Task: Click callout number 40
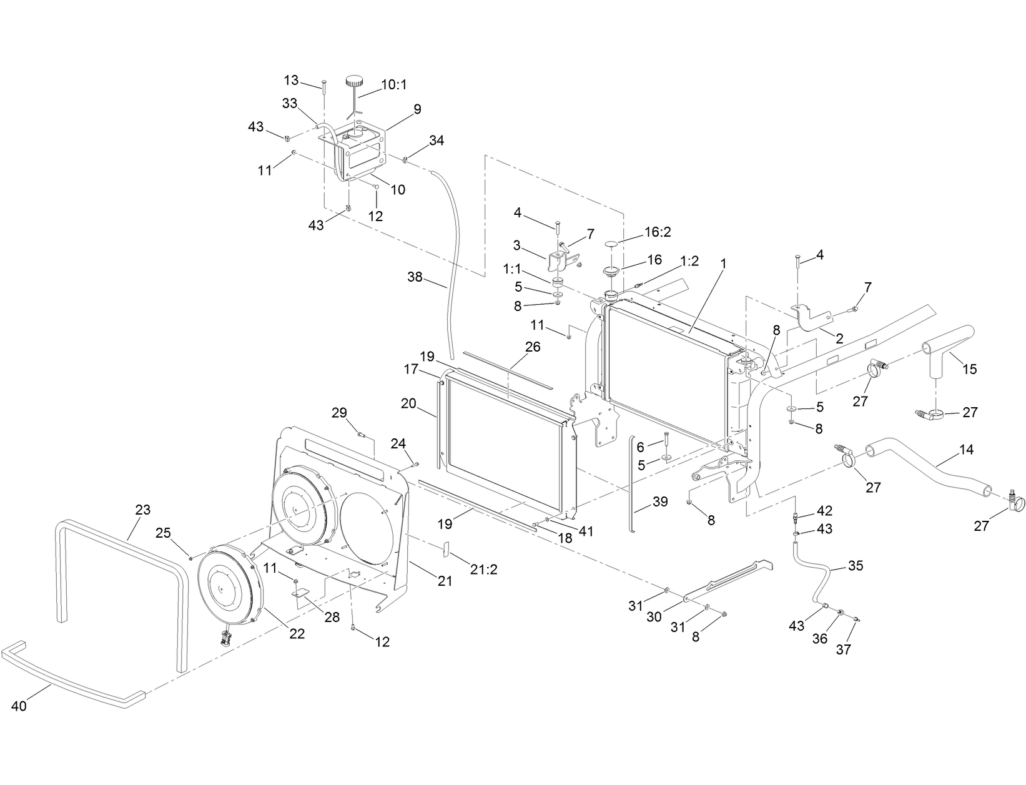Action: coord(19,706)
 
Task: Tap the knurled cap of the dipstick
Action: coord(355,81)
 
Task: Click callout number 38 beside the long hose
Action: coord(415,276)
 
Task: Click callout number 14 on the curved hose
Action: coord(966,450)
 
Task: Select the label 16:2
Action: coord(658,232)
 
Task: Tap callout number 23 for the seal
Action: coord(142,510)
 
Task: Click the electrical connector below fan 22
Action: coord(224,638)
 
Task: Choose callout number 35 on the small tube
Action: coord(855,566)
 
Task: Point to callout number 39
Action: coord(659,501)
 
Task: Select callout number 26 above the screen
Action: coord(532,347)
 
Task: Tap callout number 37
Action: coord(843,649)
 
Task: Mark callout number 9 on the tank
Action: coord(417,109)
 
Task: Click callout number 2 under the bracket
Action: coord(839,339)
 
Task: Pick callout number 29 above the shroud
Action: coord(339,413)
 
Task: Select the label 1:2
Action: coord(689,262)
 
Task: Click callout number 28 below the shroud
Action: coord(332,617)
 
